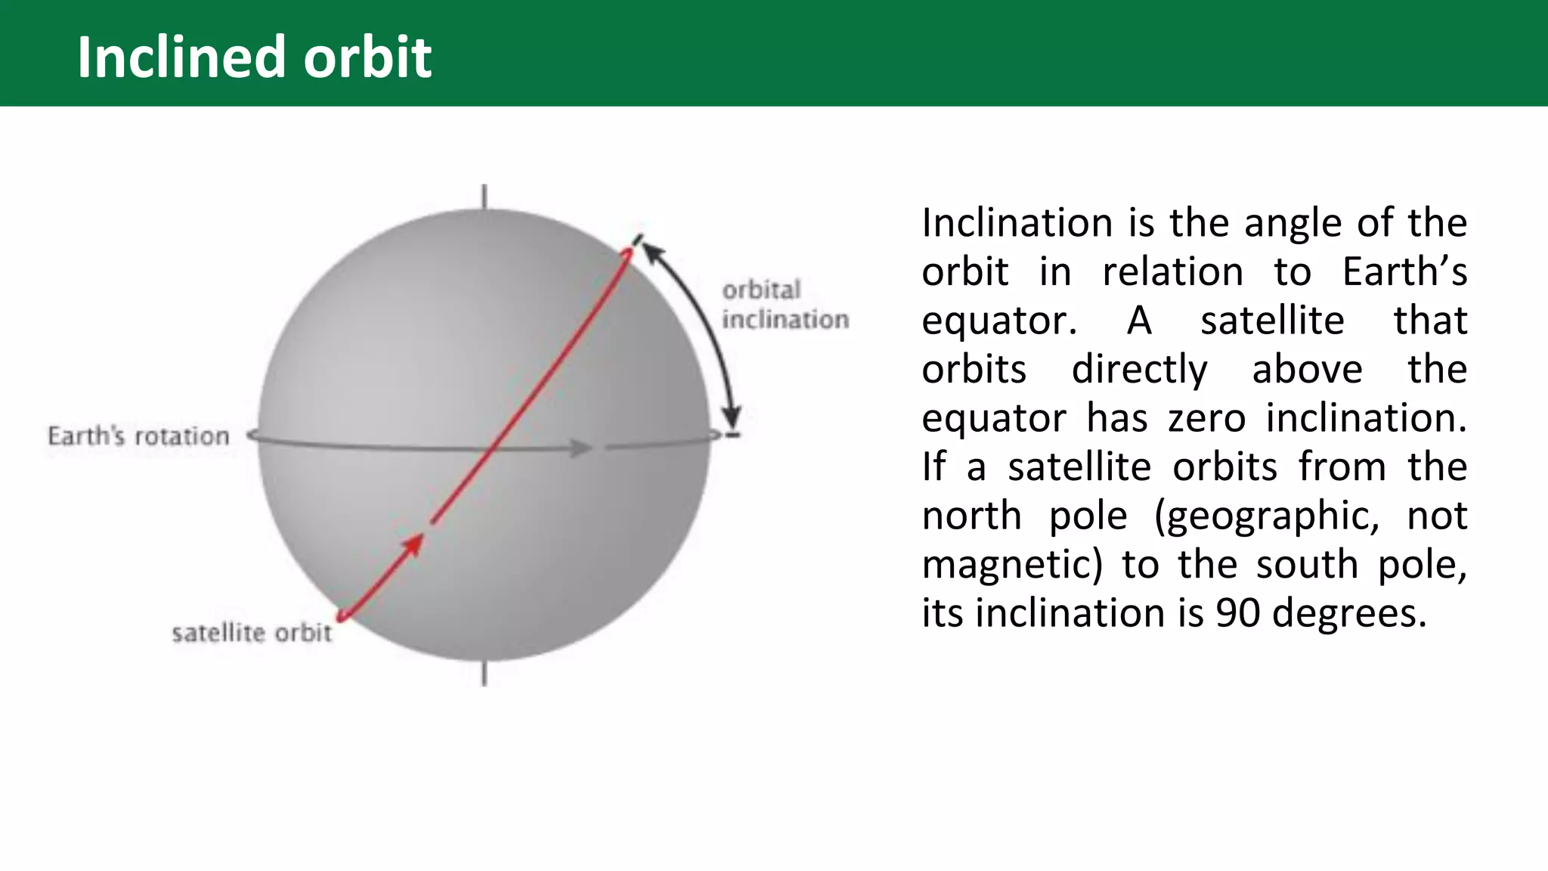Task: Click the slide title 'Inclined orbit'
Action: click(254, 57)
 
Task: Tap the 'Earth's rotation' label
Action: click(138, 436)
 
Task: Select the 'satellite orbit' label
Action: click(251, 633)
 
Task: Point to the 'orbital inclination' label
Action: click(785, 305)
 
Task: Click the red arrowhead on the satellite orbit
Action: click(413, 544)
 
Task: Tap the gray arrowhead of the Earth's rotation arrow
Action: click(582, 448)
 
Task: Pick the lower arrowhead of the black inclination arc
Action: click(731, 417)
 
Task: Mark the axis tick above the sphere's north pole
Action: click(485, 196)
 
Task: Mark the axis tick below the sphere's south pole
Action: click(485, 674)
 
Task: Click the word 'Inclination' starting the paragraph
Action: click(1016, 223)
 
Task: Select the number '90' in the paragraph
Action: click(1237, 612)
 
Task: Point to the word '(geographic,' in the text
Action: click(1267, 516)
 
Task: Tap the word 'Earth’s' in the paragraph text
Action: click(1404, 271)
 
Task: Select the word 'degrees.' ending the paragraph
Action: click(1349, 613)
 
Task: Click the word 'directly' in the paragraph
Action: click(1139, 370)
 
